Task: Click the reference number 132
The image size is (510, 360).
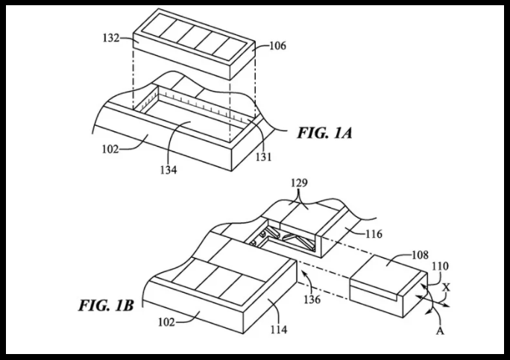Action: tap(111, 38)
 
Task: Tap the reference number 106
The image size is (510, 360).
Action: tap(278, 45)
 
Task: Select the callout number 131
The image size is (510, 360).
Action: tap(263, 157)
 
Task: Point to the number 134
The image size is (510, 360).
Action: tap(169, 170)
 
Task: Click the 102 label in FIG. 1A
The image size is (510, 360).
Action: tap(110, 149)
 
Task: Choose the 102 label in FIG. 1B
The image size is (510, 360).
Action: tap(166, 322)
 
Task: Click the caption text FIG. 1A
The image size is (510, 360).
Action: tap(324, 133)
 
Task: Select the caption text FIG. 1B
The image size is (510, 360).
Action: tap(106, 306)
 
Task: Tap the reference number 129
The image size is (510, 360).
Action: tap(299, 183)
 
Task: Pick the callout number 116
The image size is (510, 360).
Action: tap(374, 234)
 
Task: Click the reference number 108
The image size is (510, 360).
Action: tap(421, 255)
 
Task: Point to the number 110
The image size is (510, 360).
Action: tap(440, 266)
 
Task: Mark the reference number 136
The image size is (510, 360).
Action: tap(312, 299)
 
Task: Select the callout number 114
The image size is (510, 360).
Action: tap(279, 329)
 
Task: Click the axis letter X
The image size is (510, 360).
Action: tap(447, 287)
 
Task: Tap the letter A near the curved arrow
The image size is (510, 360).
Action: tap(440, 331)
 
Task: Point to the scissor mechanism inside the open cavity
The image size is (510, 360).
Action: tap(283, 239)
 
